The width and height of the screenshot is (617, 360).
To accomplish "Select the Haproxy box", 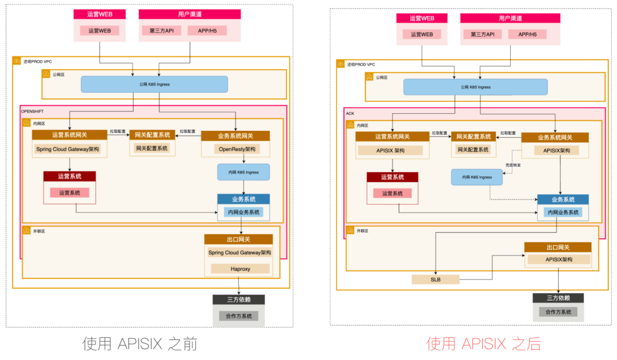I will click(x=240, y=269).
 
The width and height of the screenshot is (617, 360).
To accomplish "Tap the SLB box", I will click(x=435, y=279).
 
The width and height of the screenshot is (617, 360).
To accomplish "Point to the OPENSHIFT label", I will click(x=32, y=111).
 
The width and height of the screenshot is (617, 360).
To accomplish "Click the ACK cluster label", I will click(x=350, y=114).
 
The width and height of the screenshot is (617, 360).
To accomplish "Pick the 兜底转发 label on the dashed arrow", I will click(x=513, y=165).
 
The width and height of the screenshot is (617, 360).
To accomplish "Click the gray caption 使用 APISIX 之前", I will click(x=140, y=343).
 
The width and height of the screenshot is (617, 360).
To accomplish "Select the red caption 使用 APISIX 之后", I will click(x=483, y=343).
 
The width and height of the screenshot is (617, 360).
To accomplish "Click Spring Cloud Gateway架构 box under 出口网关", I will click(x=240, y=253).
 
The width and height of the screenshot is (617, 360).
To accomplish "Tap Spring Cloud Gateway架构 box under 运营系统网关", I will click(x=68, y=149).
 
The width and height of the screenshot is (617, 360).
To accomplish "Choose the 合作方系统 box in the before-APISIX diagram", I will click(x=239, y=316).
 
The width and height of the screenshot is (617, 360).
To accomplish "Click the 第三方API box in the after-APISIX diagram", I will click(x=486, y=34).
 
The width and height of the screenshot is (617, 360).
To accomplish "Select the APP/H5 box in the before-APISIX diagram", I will click(x=207, y=30).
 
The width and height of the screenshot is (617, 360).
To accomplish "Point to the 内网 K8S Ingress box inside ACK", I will click(x=476, y=177).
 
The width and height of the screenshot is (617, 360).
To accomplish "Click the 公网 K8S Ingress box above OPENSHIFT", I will click(x=154, y=85).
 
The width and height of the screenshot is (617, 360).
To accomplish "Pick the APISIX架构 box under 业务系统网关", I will click(x=556, y=151).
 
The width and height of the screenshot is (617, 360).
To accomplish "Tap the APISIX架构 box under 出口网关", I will click(x=559, y=259).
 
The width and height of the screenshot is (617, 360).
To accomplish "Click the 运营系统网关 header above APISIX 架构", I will click(x=392, y=137).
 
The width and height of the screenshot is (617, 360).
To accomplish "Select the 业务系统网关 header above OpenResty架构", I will click(x=235, y=136).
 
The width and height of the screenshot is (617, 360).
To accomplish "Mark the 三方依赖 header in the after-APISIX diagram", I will click(x=558, y=298).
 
